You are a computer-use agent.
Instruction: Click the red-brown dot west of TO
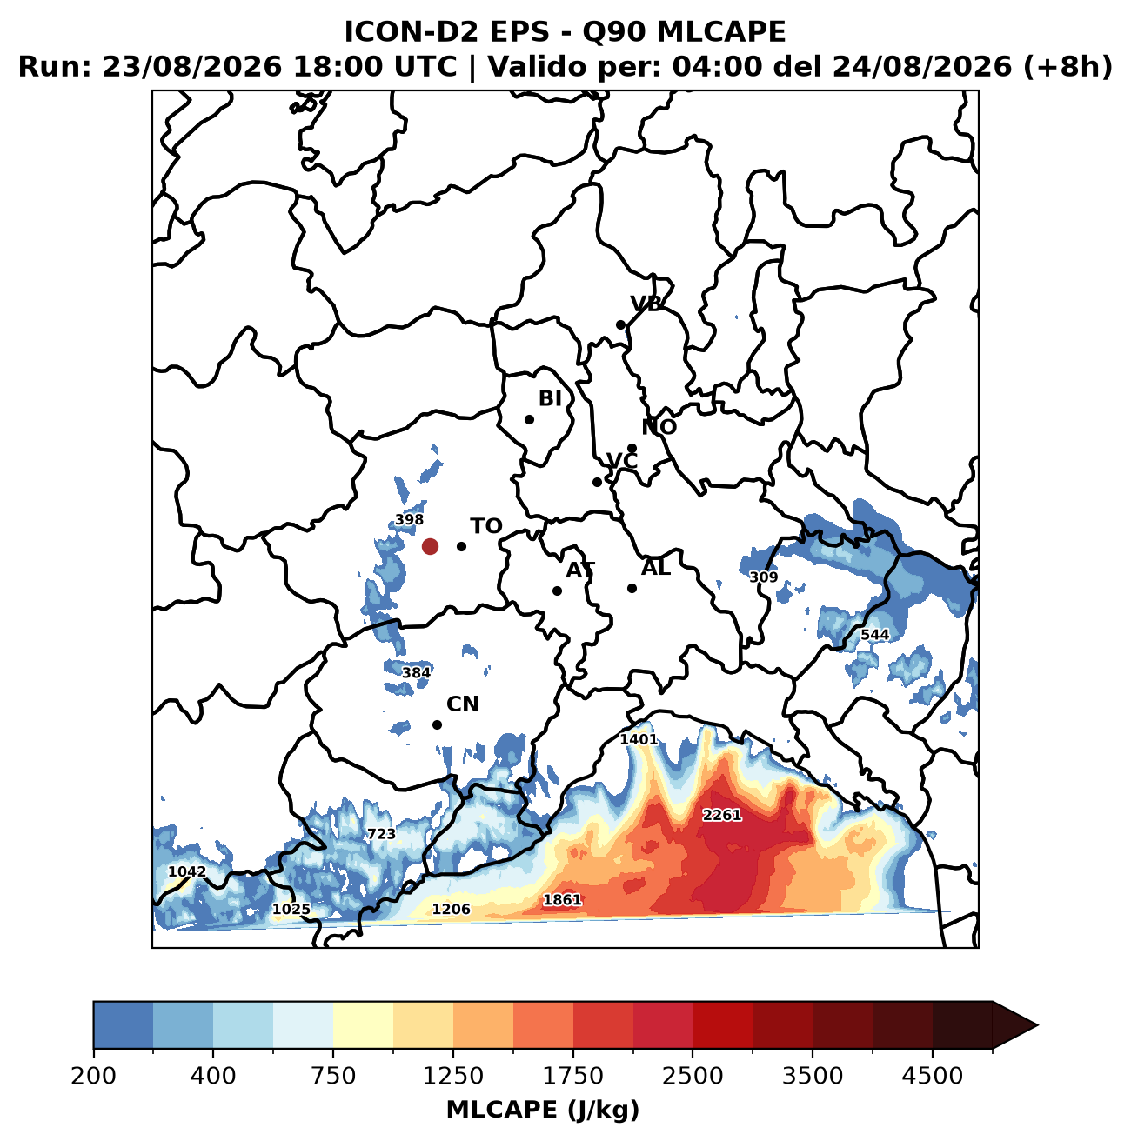(430, 546)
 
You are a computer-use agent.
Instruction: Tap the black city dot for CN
(438, 724)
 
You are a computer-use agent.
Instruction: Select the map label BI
(550, 398)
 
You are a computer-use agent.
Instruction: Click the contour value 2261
(721, 816)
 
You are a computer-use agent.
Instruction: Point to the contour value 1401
(639, 739)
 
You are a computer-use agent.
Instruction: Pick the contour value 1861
(562, 900)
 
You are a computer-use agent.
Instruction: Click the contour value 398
(410, 519)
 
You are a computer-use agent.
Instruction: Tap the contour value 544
(875, 635)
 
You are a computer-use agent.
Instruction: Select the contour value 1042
(187, 871)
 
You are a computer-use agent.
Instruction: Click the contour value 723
(381, 834)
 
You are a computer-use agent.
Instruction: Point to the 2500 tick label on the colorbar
(693, 1075)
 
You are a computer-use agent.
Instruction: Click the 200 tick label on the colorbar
(94, 1075)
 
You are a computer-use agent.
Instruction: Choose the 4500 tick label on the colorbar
(933, 1075)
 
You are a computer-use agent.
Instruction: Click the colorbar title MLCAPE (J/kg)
(543, 1110)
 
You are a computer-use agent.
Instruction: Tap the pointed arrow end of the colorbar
(1037, 1025)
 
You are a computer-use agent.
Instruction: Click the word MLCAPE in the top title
(721, 32)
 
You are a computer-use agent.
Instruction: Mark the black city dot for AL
(632, 589)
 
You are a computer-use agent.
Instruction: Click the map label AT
(580, 570)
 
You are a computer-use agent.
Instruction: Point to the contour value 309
(764, 577)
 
